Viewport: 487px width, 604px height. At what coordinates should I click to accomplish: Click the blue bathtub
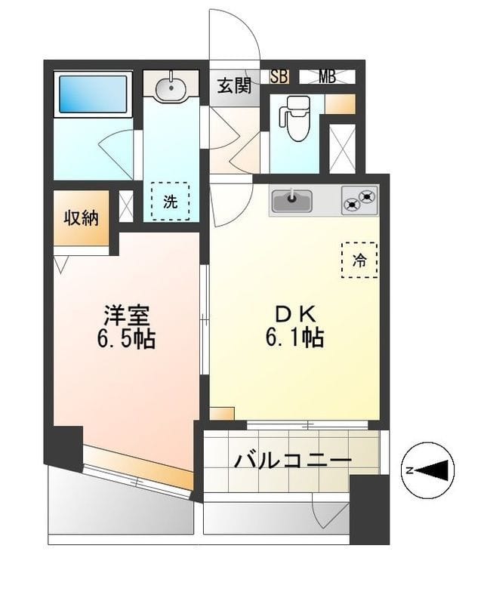[x=93, y=94]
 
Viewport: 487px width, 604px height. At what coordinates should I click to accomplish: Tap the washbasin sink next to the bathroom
[x=171, y=88]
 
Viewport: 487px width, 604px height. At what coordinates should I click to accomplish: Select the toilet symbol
[x=295, y=118]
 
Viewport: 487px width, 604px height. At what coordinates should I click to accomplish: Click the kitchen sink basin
[x=291, y=201]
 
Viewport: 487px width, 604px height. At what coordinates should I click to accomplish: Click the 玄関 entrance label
[x=235, y=85]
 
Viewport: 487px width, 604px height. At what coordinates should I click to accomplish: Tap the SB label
[x=279, y=76]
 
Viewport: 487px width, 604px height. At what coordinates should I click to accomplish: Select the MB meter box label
[x=327, y=76]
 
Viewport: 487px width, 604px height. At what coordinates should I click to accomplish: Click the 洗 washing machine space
[x=171, y=201]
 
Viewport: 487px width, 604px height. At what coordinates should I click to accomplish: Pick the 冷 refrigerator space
[x=359, y=260]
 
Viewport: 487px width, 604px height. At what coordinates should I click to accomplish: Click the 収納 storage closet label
[x=82, y=218]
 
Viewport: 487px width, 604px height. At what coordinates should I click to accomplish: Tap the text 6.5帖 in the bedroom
[x=126, y=339]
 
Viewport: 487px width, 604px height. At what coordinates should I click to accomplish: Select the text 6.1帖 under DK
[x=294, y=337]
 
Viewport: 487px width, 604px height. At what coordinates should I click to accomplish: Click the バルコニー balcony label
[x=293, y=461]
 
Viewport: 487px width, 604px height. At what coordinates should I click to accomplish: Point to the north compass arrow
[x=433, y=470]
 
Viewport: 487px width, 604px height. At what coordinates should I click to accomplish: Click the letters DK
[x=295, y=315]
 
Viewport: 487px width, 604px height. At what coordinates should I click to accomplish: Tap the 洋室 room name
[x=126, y=316]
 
